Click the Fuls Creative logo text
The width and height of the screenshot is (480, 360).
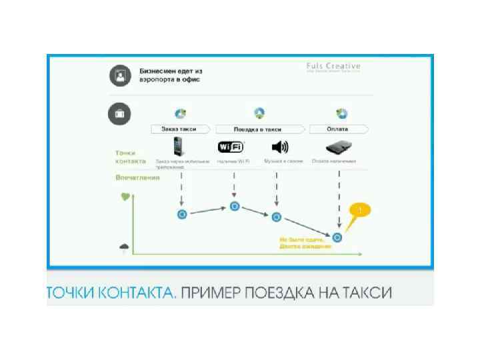333,67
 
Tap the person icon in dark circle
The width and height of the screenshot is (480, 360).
120,76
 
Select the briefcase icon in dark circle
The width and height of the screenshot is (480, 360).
120,113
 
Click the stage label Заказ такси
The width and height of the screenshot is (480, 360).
179,129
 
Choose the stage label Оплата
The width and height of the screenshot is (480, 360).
338,129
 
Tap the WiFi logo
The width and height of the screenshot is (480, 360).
231,147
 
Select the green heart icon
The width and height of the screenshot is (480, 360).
125,197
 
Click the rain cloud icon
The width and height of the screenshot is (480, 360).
124,248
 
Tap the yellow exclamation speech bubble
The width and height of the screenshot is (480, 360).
360,211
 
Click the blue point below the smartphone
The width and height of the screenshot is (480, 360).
182,214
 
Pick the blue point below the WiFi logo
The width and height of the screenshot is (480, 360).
234,207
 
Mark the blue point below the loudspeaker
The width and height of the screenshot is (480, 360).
277,217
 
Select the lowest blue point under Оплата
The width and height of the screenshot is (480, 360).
338,237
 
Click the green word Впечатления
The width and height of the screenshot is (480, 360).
138,178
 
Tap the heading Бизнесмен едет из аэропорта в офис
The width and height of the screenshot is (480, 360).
170,75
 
